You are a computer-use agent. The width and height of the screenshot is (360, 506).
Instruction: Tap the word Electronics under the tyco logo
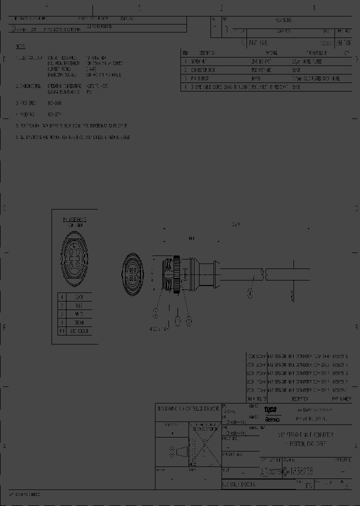click(272, 419)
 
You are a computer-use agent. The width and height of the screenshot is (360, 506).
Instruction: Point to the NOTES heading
click(20, 46)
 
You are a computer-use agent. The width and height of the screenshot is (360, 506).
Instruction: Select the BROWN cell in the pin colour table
click(79, 322)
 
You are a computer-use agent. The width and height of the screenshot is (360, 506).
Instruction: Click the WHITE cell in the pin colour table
click(79, 314)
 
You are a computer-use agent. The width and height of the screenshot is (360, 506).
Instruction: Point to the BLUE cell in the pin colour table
click(79, 305)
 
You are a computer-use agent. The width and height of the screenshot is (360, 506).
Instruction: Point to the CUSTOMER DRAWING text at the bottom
click(239, 484)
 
